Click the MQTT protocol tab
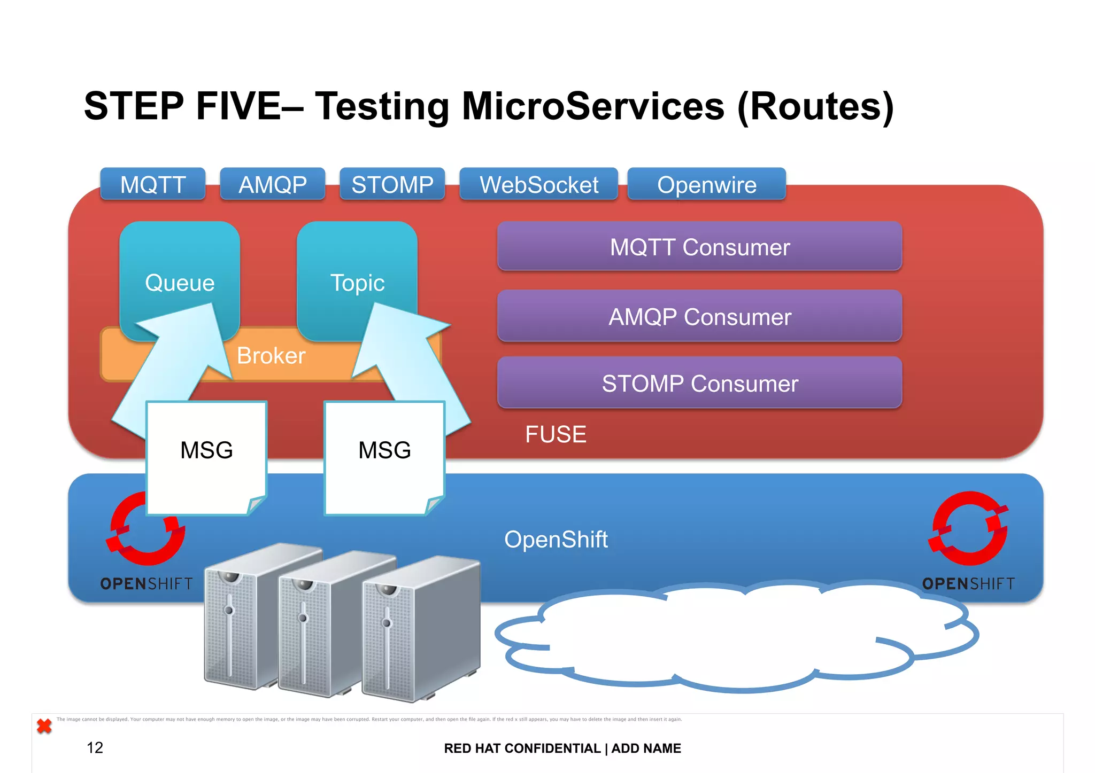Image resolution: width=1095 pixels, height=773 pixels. click(x=153, y=184)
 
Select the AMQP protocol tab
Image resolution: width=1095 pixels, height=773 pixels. click(x=273, y=184)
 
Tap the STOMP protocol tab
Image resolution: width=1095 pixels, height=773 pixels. click(x=392, y=184)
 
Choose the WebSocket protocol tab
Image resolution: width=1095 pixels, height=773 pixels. click(x=539, y=184)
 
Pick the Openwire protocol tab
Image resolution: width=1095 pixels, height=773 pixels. click(x=706, y=184)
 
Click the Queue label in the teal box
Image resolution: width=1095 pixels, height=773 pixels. click(x=180, y=283)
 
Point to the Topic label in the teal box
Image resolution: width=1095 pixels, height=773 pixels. click(x=357, y=283)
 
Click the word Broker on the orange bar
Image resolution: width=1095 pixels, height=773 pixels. click(x=271, y=356)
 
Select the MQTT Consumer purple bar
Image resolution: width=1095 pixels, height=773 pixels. click(x=699, y=247)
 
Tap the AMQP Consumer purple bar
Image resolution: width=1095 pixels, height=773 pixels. click(x=699, y=316)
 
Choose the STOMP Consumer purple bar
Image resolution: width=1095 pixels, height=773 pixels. click(x=699, y=383)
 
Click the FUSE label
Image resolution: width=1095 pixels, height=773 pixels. click(x=556, y=434)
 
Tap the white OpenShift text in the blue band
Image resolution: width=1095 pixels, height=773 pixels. click(x=556, y=540)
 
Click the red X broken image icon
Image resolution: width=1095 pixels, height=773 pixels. click(x=44, y=726)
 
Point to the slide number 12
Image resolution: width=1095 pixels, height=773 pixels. click(x=95, y=747)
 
